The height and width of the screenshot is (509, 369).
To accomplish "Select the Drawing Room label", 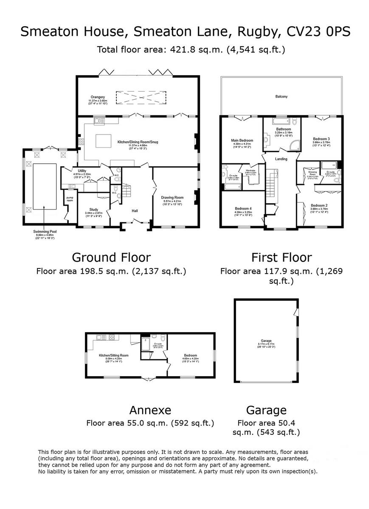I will (172, 197).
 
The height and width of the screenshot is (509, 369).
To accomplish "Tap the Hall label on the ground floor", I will (135, 211).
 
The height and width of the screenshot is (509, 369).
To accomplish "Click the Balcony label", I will (281, 97).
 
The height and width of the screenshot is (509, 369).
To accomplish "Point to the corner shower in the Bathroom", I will (293, 145).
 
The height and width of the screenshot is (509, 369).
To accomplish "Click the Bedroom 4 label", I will (243, 208).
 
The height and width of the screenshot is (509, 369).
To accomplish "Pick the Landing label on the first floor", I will (281, 159).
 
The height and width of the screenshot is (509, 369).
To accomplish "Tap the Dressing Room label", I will (313, 173).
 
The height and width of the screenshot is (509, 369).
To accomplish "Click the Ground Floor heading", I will (111, 257).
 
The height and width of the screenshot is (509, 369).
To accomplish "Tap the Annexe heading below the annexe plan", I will (150, 410).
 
